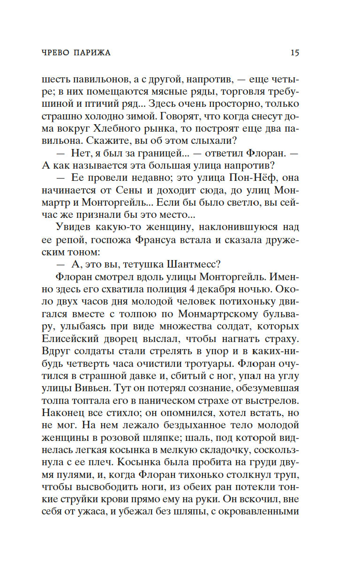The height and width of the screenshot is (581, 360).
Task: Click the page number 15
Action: pos(294,52)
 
